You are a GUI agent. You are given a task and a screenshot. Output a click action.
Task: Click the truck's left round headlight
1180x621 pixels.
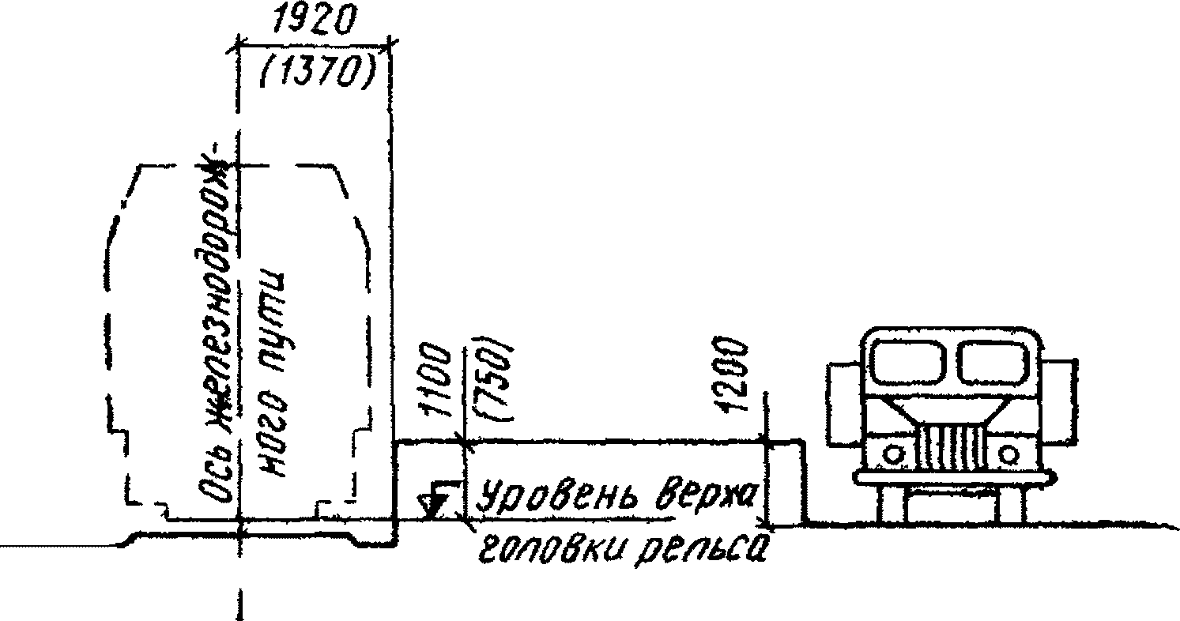[893, 454]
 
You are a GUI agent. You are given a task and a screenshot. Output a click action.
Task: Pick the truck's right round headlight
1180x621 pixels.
[1008, 454]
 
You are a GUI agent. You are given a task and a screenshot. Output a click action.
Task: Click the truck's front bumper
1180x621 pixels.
[952, 478]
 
